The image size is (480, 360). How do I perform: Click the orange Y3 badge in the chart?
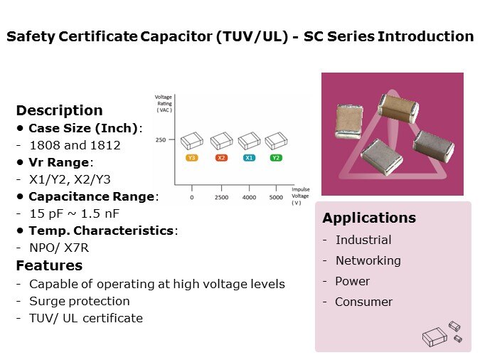pos(191,158)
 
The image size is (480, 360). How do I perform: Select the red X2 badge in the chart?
pos(221,158)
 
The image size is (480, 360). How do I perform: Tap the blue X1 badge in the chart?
pos(249,158)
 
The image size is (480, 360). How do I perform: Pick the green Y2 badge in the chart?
pos(276,158)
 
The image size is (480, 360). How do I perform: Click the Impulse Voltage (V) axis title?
pos(300,196)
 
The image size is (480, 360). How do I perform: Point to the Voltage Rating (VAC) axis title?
pos(164,104)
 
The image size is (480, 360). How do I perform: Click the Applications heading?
pos(369,218)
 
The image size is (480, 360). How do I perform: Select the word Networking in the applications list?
pos(368,260)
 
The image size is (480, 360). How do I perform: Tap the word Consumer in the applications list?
pos(363,302)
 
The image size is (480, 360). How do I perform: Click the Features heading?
pos(49,265)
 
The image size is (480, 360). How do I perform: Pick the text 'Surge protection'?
pos(80,301)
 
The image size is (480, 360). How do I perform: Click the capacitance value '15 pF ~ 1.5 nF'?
pos(75,213)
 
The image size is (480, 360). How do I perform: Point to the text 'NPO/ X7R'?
pos(59,248)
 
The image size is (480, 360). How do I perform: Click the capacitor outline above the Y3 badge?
pos(192,141)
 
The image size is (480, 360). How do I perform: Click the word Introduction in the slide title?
pos(426,36)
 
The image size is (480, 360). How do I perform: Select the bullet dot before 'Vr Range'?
pos(20,162)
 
